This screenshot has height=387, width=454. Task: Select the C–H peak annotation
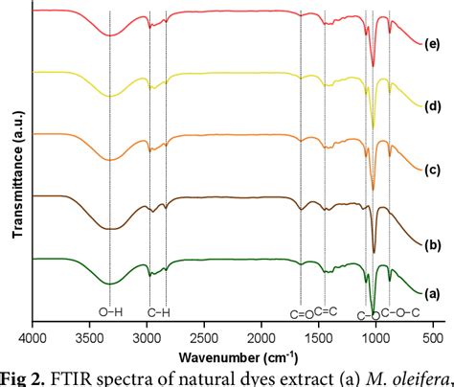point(159,312)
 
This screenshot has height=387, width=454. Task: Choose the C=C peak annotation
point(326,312)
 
